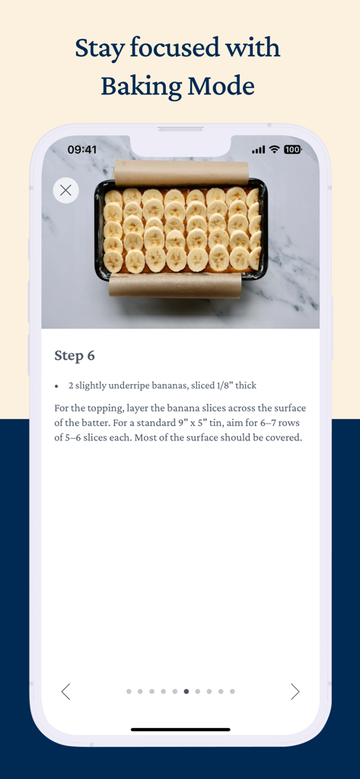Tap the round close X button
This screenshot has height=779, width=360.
point(65,190)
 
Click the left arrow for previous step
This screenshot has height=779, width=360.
point(65,692)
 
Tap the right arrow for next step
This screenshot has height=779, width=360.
point(295,692)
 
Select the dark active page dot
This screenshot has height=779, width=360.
point(186,692)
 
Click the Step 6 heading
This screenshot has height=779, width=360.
point(75,356)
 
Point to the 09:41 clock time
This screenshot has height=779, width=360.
point(82,150)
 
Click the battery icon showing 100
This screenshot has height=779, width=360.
point(293,150)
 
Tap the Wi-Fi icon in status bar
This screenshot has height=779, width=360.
point(274,150)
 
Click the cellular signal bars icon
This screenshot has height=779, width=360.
point(259,150)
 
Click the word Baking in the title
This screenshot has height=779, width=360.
point(142,87)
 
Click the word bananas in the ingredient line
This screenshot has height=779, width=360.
point(170,386)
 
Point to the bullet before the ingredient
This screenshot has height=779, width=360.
point(57,386)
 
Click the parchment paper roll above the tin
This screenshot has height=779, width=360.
point(181,173)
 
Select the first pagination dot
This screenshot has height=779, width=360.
point(129,692)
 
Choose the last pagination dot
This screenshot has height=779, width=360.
point(232,692)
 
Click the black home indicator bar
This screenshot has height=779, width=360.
point(180,730)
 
